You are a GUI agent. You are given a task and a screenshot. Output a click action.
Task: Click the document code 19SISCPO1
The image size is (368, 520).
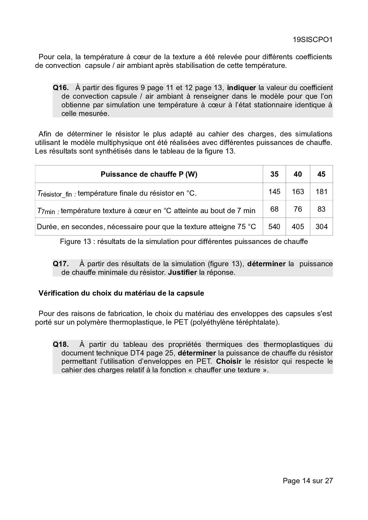tap(313, 40)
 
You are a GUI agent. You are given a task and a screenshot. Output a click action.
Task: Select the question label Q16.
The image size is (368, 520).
tap(61, 88)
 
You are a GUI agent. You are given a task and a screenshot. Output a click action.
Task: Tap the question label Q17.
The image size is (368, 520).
tap(61, 264)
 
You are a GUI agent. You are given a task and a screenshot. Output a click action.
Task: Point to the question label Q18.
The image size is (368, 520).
tap(61, 344)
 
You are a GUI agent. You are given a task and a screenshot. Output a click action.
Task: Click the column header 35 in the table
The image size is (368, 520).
tap(274, 174)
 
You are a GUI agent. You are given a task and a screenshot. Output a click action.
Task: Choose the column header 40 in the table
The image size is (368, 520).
tap(298, 174)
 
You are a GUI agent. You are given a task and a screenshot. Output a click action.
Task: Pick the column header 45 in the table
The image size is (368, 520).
tap(321, 174)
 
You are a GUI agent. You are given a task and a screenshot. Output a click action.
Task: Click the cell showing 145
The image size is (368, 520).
tap(274, 192)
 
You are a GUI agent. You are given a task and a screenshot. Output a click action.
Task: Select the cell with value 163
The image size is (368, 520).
tap(298, 192)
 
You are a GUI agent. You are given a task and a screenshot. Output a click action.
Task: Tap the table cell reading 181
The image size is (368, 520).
tap(321, 192)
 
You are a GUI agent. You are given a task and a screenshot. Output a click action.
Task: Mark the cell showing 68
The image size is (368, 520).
tap(274, 209)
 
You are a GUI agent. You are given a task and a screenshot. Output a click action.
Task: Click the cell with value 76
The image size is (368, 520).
tap(298, 209)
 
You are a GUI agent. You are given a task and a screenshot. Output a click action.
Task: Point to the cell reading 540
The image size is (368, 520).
tap(274, 227)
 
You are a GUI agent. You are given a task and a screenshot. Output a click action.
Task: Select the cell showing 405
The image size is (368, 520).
tap(298, 227)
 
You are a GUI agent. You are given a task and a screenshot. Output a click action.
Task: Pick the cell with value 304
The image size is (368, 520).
tap(321, 227)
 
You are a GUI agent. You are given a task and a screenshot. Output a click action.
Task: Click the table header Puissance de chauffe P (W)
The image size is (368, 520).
tap(149, 174)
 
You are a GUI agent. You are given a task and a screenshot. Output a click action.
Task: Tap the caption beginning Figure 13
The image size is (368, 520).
tap(184, 242)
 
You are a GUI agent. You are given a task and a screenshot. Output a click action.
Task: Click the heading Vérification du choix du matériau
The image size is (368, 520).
tap(121, 294)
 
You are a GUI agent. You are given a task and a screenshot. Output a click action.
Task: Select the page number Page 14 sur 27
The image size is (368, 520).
tap(308, 481)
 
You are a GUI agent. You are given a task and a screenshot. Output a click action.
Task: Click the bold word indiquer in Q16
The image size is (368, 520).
tap(241, 88)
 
